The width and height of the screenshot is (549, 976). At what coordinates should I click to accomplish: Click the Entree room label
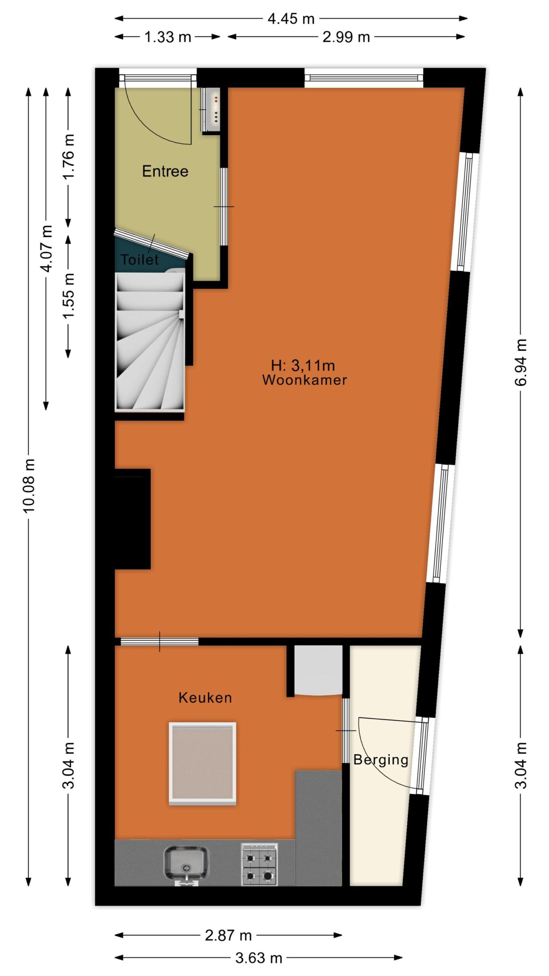[x=165, y=171]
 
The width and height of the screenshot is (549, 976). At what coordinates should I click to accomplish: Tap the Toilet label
[x=140, y=260]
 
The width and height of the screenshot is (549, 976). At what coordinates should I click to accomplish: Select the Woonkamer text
[x=305, y=380]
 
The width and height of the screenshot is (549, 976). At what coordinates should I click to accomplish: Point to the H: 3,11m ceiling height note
[x=303, y=366]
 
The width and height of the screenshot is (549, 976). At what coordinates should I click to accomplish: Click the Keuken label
[x=205, y=698]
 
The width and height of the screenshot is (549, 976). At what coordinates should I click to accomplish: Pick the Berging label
[x=381, y=760]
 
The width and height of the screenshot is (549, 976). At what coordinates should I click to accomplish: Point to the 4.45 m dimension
[x=291, y=19]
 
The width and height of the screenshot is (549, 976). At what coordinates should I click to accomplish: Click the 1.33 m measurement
[x=168, y=37]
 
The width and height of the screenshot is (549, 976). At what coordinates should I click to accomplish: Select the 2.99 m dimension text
[x=346, y=37]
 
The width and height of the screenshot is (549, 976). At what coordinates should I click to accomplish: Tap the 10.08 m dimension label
[x=29, y=486]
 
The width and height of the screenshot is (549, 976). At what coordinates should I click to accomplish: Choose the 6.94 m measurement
[x=521, y=362]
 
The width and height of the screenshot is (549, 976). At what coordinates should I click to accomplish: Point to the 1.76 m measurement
[x=69, y=157]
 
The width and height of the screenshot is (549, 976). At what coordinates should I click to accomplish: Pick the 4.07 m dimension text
[x=47, y=249]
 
